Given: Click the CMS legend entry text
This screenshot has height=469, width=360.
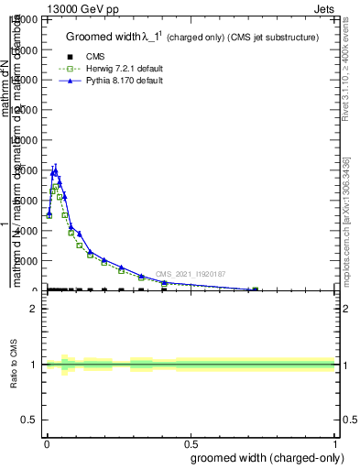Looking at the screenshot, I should [x=95, y=56].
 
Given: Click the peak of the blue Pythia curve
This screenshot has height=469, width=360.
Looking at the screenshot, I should [x=55, y=170].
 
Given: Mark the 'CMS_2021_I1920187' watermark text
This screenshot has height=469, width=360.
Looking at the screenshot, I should [x=190, y=274].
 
